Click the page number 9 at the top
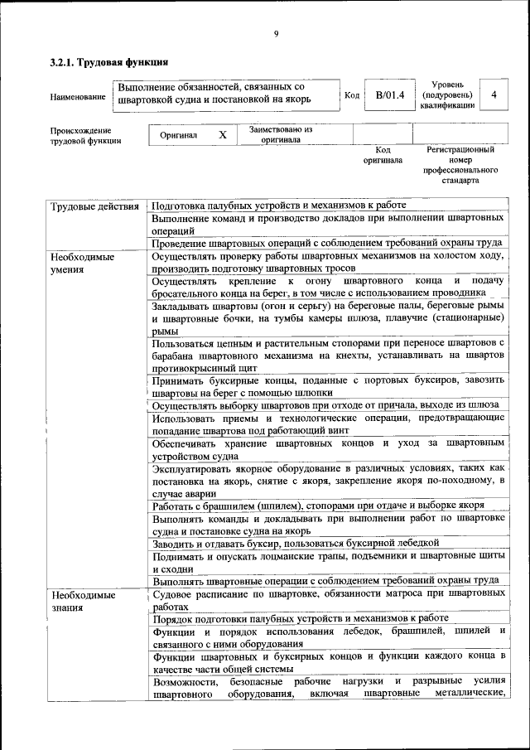(276, 33)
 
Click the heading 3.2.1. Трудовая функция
(109, 62)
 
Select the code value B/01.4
(389, 95)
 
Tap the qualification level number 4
(494, 95)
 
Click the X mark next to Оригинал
(222, 134)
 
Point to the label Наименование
(78, 97)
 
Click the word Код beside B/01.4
(351, 95)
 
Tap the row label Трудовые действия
(94, 206)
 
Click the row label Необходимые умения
(82, 263)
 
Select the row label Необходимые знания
(82, 601)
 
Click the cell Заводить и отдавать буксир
(295, 543)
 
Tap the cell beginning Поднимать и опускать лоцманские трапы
(328, 562)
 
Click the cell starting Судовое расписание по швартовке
(328, 600)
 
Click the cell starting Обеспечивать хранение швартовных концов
(328, 449)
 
